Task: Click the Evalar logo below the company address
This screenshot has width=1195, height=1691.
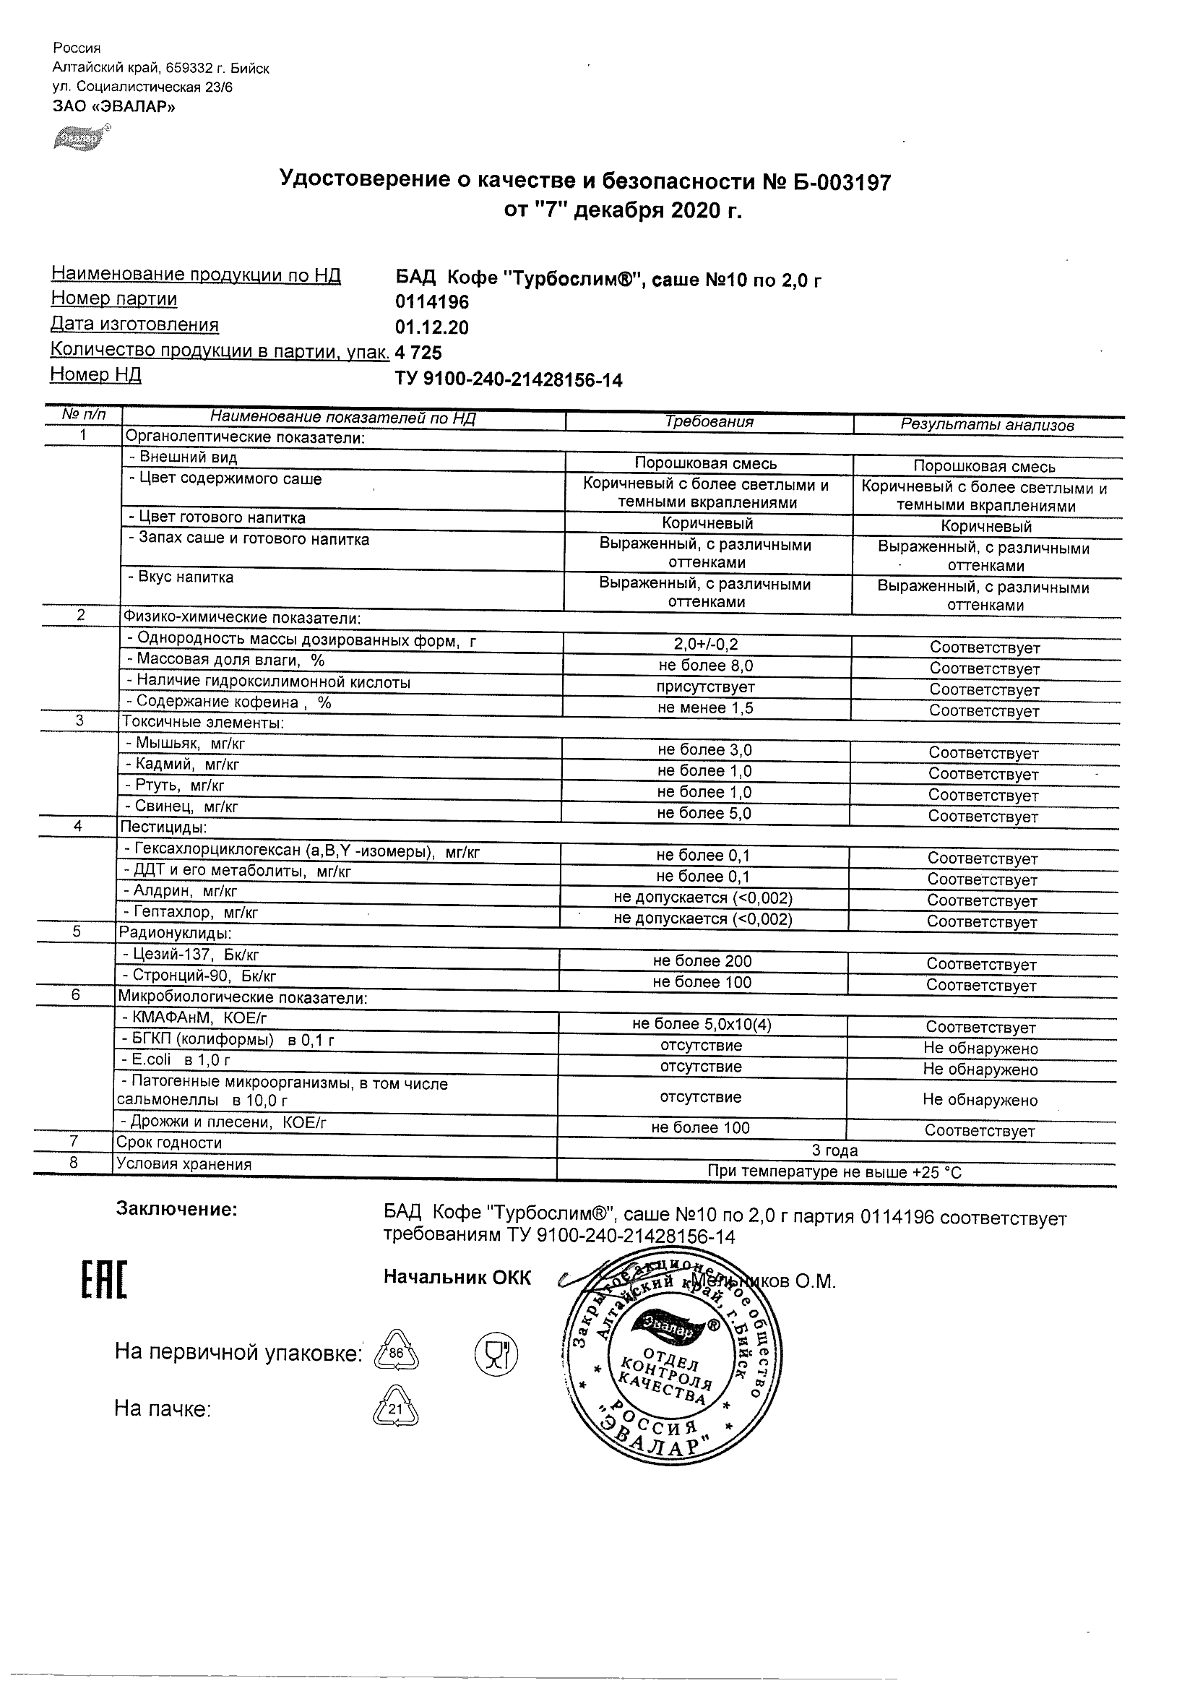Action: pyautogui.click(x=82, y=138)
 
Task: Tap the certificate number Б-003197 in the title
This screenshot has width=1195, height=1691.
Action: pyautogui.click(x=842, y=182)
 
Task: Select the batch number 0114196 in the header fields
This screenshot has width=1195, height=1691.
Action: pyautogui.click(x=431, y=303)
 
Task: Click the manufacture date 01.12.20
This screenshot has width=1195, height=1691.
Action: pyautogui.click(x=431, y=328)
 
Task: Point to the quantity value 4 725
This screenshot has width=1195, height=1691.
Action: pyautogui.click(x=418, y=353)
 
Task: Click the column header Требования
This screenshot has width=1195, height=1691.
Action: pyautogui.click(x=709, y=422)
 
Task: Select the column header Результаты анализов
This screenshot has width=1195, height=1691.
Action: pyautogui.click(x=987, y=425)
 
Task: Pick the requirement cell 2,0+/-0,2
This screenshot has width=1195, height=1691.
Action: pyautogui.click(x=705, y=645)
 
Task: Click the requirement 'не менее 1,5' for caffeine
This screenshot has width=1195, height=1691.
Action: pyautogui.click(x=704, y=708)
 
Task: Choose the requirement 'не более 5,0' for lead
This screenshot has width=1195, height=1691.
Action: pyautogui.click(x=704, y=813)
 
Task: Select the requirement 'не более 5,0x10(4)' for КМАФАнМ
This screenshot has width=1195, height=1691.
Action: pyautogui.click(x=701, y=1025)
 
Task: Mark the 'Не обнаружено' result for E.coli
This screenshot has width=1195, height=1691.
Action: pyautogui.click(x=980, y=1070)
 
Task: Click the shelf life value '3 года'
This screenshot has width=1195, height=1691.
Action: pyautogui.click(x=834, y=1150)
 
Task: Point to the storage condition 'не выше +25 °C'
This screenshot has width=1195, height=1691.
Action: pyautogui.click(x=834, y=1171)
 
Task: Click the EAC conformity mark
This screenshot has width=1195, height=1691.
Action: pyautogui.click(x=104, y=1281)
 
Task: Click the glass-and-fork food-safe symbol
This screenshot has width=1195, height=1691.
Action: pyautogui.click(x=497, y=1353)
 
